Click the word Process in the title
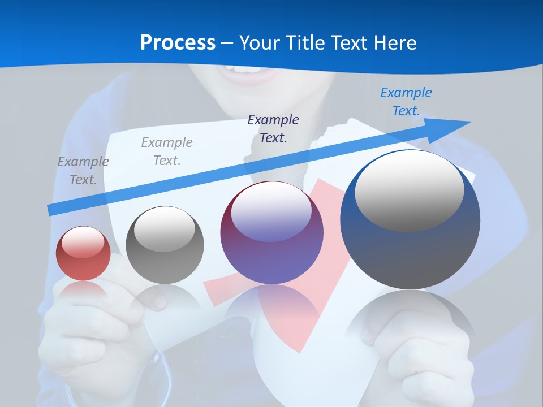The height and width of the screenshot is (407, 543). (x=178, y=43)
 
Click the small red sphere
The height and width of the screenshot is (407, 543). (x=83, y=254)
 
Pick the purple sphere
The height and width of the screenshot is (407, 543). (x=271, y=237)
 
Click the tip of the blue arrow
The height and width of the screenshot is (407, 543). (x=469, y=122)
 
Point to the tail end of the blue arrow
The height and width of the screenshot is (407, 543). (x=49, y=210)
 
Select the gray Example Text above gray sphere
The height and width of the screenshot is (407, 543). (x=166, y=151)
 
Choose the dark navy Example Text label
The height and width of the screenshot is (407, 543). (x=273, y=128)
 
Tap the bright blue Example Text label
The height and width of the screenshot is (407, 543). (x=406, y=102)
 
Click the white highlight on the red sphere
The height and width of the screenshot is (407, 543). (x=83, y=242)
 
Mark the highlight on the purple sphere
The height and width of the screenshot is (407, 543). (x=271, y=212)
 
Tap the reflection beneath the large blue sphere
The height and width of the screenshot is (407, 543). (x=410, y=322)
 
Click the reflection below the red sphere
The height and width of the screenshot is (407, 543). (x=83, y=294)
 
